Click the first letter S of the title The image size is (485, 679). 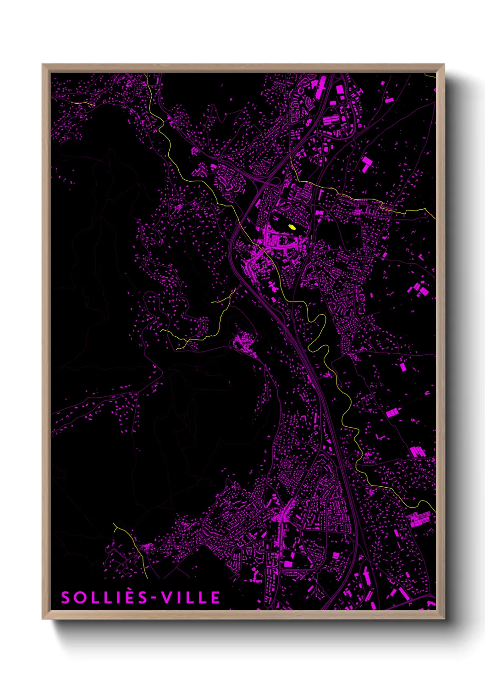click(x=66, y=597)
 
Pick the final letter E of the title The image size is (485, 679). click(x=215, y=597)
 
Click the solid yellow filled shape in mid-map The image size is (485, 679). click(x=292, y=227)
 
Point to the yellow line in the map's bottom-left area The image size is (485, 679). click(x=133, y=546)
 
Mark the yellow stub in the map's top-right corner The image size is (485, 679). click(x=430, y=76)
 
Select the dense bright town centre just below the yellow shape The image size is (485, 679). click(x=280, y=241)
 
